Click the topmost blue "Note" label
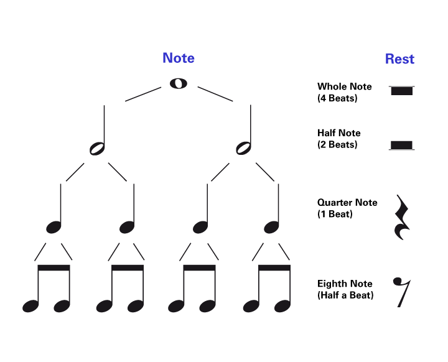coord(178,58)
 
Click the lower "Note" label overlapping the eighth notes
coord(178,256)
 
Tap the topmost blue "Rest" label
coord(399,59)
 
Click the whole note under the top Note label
coord(179,83)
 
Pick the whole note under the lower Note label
coord(179,281)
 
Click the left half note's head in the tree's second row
coord(97,149)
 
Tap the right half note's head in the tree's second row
coord(243,148)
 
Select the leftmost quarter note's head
coord(54,228)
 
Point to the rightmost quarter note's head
coord(271,228)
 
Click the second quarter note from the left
coord(127,228)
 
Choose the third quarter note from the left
coord(200,228)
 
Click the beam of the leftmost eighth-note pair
coord(54,268)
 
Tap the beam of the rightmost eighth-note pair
coord(274,268)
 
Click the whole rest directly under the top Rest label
coord(401,91)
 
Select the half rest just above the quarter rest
coord(401,145)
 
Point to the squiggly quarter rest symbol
coord(402,218)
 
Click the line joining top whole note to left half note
coord(143,94)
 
